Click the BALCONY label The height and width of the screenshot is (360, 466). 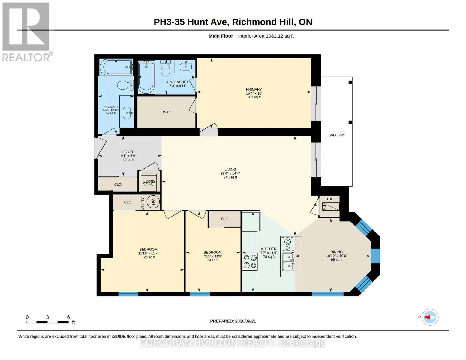[336, 135]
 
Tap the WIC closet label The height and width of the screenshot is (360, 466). [166, 112]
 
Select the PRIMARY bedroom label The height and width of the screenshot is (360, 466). [254, 89]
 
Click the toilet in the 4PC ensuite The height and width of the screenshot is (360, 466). [165, 68]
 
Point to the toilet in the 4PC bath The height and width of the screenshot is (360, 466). [125, 85]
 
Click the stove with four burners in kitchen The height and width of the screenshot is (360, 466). [250, 261]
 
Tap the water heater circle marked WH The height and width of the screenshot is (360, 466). [153, 202]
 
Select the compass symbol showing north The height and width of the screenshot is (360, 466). [430, 317]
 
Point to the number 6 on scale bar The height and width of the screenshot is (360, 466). [68, 317]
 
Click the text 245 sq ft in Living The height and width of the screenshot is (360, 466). [230, 177]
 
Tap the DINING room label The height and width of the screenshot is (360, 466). [336, 252]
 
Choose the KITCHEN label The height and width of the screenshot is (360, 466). [269, 249]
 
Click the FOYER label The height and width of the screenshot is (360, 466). [128, 152]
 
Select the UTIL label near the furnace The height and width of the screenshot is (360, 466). [329, 199]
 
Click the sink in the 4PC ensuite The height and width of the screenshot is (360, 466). [185, 67]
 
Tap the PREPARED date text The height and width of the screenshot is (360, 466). [233, 321]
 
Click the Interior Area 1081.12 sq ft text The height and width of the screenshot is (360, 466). [266, 36]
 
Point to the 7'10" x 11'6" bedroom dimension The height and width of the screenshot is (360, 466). [212, 256]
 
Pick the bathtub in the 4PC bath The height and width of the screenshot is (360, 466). [116, 67]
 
